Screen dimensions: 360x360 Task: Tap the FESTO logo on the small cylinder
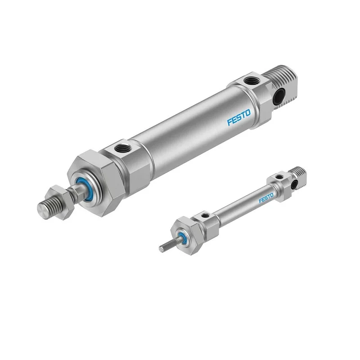(x=266, y=198)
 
